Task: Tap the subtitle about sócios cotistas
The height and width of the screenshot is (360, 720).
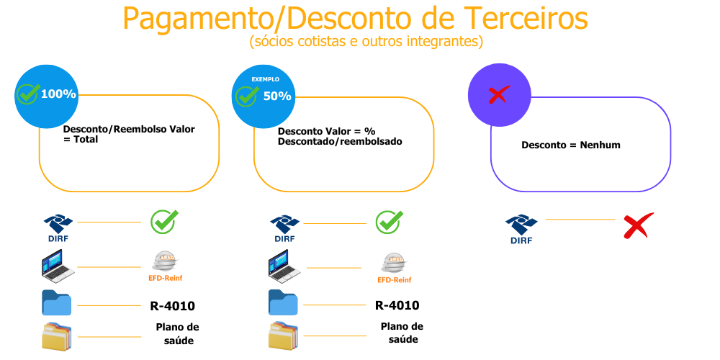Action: click(x=366, y=41)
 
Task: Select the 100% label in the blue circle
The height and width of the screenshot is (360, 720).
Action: click(x=58, y=94)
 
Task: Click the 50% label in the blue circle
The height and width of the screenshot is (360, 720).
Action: click(x=277, y=96)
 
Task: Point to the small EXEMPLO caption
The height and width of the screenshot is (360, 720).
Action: click(x=265, y=79)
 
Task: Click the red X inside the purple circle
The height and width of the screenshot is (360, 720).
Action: click(x=498, y=95)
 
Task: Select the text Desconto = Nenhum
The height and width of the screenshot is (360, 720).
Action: click(x=570, y=145)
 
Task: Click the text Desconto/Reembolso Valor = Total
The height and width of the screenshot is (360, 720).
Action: click(x=129, y=135)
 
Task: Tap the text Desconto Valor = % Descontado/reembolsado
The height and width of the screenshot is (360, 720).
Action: click(x=339, y=137)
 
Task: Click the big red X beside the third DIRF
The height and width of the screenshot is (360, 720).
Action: click(x=637, y=225)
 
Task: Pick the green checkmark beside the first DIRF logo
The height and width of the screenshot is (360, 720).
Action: click(x=163, y=222)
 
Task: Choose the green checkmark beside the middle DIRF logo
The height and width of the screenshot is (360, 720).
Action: click(x=389, y=222)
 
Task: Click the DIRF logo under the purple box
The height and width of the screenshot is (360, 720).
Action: click(x=521, y=229)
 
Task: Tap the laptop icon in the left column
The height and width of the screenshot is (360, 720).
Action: click(x=57, y=266)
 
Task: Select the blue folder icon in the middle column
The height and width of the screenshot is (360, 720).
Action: click(x=283, y=302)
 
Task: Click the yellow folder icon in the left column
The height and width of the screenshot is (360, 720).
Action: click(x=57, y=336)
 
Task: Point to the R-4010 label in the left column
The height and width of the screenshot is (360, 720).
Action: click(x=172, y=306)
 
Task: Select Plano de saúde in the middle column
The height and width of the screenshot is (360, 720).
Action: click(x=402, y=333)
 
